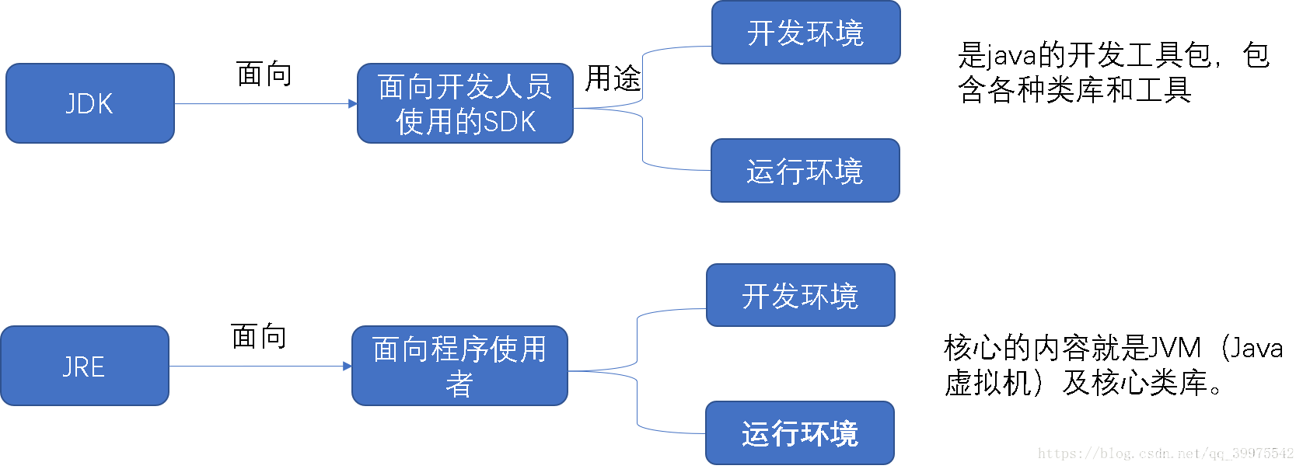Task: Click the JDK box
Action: [89, 103]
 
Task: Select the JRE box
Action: [84, 366]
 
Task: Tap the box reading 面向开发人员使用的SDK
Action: [465, 103]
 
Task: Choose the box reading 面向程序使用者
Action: [459, 366]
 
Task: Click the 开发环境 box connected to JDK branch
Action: [805, 33]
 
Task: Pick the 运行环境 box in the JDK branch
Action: [805, 171]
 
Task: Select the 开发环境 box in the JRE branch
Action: [800, 296]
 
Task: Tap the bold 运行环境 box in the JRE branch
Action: [799, 433]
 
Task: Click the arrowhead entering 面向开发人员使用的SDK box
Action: [353, 104]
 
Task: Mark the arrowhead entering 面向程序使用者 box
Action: [348, 367]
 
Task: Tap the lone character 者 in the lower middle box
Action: [459, 384]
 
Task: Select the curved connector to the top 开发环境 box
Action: [643, 70]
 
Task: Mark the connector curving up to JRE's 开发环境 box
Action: [638, 334]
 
